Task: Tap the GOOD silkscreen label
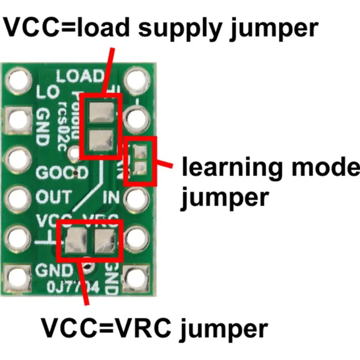click(62, 173)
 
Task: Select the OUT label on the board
click(54, 197)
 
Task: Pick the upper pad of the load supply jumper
click(99, 112)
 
